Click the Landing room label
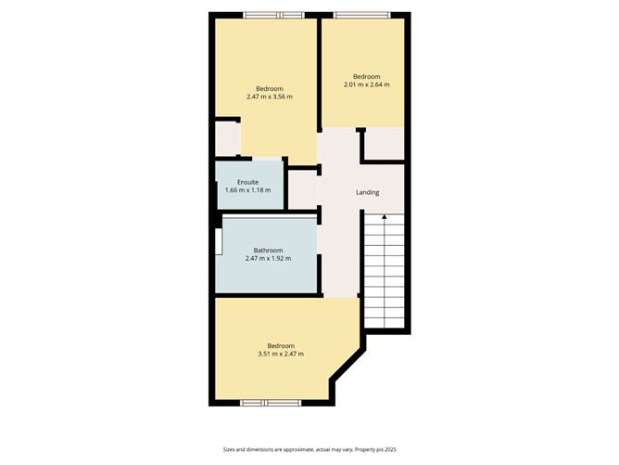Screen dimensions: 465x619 click(x=368, y=192)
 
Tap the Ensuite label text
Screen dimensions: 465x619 click(x=247, y=182)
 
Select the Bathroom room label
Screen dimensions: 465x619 click(x=268, y=250)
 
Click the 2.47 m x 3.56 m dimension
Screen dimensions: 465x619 click(x=270, y=97)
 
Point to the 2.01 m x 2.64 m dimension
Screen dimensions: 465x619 click(x=366, y=84)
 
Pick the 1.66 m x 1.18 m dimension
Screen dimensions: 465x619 click(x=247, y=190)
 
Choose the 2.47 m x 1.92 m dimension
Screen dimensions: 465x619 click(x=268, y=258)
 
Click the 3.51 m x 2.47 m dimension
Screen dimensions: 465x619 click(x=281, y=354)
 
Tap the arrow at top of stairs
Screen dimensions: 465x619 click(x=384, y=216)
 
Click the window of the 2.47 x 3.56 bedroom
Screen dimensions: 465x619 click(x=273, y=14)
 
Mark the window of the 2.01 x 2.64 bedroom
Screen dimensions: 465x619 click(x=361, y=14)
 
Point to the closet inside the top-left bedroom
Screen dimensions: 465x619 click(x=228, y=138)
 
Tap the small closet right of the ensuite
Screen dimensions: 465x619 click(x=303, y=189)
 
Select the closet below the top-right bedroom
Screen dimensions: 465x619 click(x=383, y=144)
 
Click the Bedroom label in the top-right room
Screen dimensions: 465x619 click(x=366, y=76)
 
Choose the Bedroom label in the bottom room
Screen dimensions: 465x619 click(x=281, y=345)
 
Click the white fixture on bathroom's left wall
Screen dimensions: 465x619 click(x=219, y=241)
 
